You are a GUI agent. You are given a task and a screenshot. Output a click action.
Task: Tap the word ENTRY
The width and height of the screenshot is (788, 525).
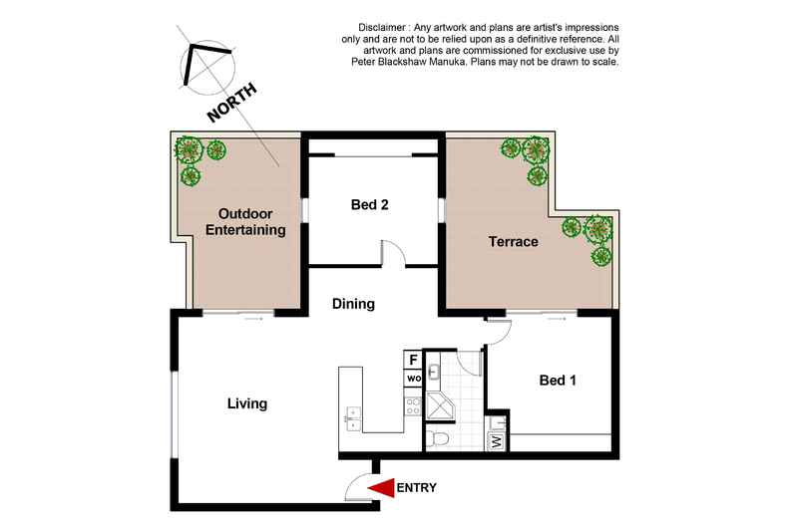click(x=417, y=488)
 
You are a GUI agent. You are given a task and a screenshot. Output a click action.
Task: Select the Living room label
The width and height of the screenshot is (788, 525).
click(x=246, y=403)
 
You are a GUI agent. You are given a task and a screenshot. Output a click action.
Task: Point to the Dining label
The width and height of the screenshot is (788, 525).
click(x=353, y=304)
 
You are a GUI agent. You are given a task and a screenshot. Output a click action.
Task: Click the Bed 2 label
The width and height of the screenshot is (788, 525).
click(x=369, y=205)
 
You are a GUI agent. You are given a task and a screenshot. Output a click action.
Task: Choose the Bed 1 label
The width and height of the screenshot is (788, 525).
click(x=558, y=380)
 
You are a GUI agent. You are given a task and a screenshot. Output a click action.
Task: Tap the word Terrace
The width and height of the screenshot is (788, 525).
click(x=513, y=241)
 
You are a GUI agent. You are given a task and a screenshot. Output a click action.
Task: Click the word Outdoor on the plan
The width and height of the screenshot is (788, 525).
click(x=245, y=213)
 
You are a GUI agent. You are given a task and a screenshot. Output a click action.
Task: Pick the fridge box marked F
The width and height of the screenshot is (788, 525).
click(x=413, y=360)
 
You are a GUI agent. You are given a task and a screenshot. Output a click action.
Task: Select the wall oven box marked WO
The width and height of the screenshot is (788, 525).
click(x=413, y=379)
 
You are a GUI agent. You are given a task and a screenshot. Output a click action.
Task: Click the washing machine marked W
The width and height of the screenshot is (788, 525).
click(x=496, y=440)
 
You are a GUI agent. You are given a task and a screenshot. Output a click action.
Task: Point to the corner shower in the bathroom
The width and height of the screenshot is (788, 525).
click(x=441, y=404)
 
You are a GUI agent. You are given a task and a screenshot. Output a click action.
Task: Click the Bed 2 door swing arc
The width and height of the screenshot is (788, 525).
click(x=393, y=252)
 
